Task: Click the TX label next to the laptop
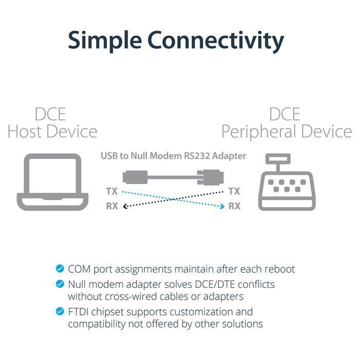[112, 192]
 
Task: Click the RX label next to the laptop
[112, 207]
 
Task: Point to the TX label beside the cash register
[234, 192]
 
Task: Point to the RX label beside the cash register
[234, 207]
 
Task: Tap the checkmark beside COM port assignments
[60, 268]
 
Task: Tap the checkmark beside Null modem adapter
[60, 284]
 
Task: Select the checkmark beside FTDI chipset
[60, 312]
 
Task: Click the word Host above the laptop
[29, 131]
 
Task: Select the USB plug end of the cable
[134, 177]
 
